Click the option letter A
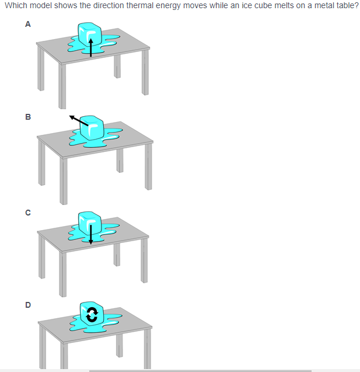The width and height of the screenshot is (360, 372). pos(28,24)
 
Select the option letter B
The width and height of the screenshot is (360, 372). pos(28,117)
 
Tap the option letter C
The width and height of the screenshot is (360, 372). pos(28,213)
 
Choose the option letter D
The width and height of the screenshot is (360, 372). pos(28,305)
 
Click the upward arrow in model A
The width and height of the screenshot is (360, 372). pos(91,48)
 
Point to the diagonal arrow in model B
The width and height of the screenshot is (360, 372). pos(79,120)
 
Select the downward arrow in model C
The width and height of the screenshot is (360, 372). pos(90,235)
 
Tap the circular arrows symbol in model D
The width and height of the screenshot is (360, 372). pos(92,315)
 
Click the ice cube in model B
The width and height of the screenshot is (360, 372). pos(92,128)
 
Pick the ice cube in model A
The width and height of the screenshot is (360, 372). pos(90,34)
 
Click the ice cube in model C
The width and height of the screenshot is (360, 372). pos(90,223)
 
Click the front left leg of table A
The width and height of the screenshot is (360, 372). pos(62,86)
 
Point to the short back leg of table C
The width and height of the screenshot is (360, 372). pos(117,255)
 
